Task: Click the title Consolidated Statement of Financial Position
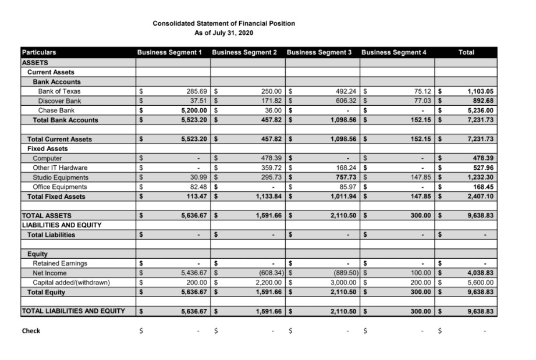(x=223, y=23)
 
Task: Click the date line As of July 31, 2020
(x=223, y=33)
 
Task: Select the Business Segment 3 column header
(x=319, y=52)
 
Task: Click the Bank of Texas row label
(x=59, y=91)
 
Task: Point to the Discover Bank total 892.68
(x=481, y=101)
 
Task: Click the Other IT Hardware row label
(x=60, y=168)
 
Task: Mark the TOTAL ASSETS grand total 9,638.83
(x=481, y=216)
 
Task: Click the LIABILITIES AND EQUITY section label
(x=62, y=225)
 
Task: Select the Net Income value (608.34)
(x=268, y=273)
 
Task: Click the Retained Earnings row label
(x=60, y=263)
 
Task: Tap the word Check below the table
(x=31, y=331)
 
